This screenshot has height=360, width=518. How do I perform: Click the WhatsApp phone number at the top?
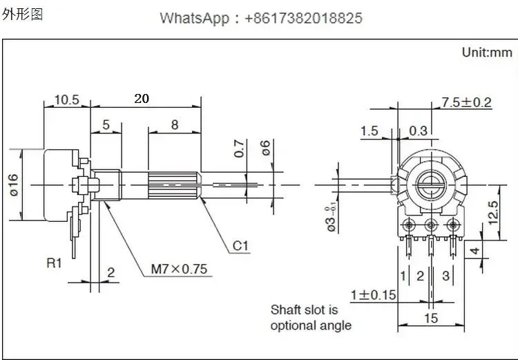tap(303, 18)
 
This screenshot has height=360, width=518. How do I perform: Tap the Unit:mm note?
tap(487, 53)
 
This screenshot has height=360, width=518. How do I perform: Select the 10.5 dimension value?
tap(67, 100)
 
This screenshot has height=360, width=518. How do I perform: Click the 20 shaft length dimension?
tap(142, 99)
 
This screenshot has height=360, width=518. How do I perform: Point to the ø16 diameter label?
tap(14, 185)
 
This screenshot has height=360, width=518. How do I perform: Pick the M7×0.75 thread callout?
tap(179, 269)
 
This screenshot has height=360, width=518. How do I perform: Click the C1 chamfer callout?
tap(240, 246)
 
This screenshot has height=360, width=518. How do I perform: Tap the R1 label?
tap(54, 263)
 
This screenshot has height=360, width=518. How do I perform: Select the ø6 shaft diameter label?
tap(265, 148)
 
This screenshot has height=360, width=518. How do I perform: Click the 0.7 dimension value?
tap(239, 149)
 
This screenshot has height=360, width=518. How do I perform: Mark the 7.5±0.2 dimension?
tap(466, 102)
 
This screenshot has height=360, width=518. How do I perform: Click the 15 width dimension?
tap(431, 319)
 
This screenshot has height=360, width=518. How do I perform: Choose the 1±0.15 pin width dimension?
tap(373, 295)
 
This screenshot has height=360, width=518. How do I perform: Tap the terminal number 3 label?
tap(445, 276)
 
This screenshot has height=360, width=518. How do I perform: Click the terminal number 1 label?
tap(403, 276)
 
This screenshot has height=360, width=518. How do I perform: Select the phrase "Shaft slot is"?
tap(304, 310)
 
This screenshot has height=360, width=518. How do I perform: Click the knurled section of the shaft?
tap(173, 185)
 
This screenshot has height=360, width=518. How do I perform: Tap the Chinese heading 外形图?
tap(23, 15)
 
